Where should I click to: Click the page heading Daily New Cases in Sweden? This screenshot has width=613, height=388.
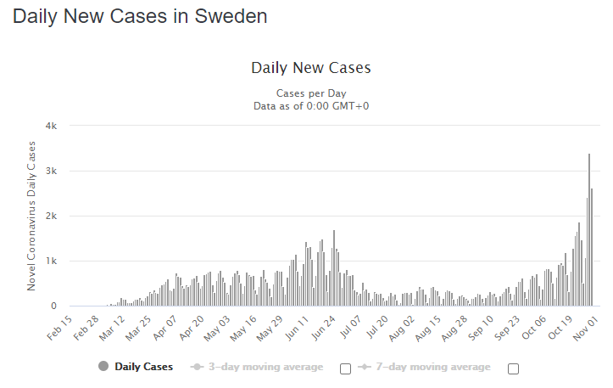coord(140,16)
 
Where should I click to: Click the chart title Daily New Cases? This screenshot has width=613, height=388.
coord(311,68)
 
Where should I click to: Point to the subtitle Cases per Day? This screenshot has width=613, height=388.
coord(311,93)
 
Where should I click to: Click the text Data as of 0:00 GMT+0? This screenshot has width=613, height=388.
coord(311,106)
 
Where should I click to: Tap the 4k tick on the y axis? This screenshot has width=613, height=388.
coord(51,126)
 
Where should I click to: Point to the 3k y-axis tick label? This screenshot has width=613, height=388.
coord(51,171)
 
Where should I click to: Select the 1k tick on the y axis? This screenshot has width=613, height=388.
coord(51,261)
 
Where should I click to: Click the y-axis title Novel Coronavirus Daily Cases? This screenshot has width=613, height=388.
coord(32,216)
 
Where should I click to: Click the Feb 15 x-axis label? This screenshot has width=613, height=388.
coord(59,327)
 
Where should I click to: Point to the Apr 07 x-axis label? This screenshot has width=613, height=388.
coord(165,327)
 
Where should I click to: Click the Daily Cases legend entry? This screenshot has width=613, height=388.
coord(143,367)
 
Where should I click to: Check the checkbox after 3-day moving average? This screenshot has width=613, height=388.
coord(345,368)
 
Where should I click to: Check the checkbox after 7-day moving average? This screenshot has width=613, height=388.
coord(513,368)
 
